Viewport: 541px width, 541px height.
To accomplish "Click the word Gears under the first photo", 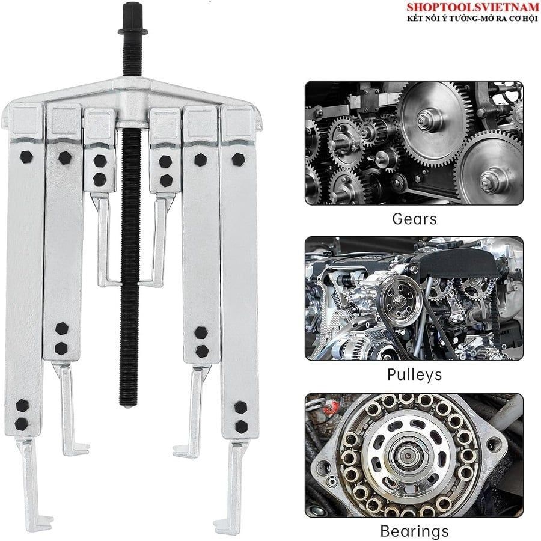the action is click(x=414, y=219).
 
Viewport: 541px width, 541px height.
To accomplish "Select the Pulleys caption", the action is click(x=414, y=374).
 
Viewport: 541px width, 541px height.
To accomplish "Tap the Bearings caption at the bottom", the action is click(x=414, y=531).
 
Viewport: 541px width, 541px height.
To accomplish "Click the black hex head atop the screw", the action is click(x=132, y=17).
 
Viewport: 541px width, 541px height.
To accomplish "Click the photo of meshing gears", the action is click(x=414, y=143).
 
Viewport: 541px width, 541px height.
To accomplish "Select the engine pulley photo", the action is click(x=414, y=298).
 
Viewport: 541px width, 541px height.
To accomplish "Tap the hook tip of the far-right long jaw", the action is click(x=219, y=521).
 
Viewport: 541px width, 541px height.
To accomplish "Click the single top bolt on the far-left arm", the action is click(x=26, y=157).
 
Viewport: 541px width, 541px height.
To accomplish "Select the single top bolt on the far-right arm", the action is click(x=239, y=160).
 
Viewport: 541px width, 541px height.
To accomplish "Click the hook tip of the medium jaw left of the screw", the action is click(x=83, y=449).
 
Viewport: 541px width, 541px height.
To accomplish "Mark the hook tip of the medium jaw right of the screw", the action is click(x=179, y=451).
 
